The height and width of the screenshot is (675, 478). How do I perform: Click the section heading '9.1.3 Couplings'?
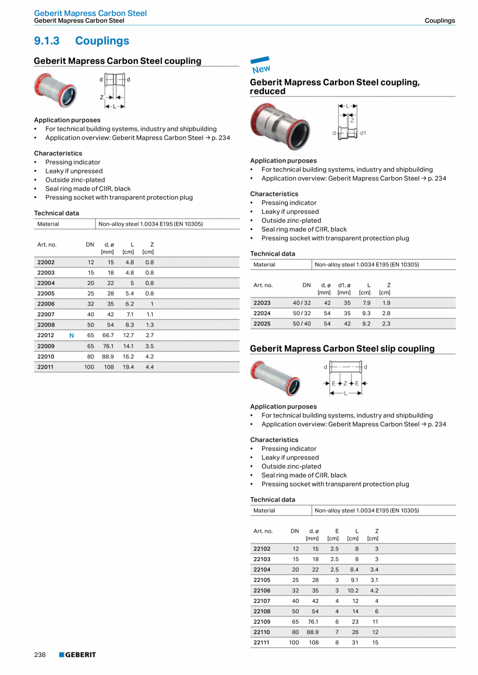(82, 40)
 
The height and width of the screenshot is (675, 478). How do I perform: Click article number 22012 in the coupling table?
(46, 335)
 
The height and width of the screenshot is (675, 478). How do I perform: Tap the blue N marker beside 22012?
(71, 335)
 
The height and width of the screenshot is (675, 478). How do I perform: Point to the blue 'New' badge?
(261, 66)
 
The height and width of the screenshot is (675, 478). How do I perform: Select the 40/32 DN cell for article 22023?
(302, 303)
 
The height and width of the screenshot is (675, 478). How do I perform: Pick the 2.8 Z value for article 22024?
(386, 313)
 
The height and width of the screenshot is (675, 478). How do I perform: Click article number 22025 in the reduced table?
(262, 323)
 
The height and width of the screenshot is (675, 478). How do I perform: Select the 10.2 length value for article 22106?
(353, 590)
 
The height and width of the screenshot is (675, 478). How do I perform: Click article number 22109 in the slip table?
(262, 622)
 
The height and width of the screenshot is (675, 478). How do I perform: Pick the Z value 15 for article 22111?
(375, 642)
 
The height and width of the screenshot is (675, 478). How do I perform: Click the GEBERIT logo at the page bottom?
(77, 655)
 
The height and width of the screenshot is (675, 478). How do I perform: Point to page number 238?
(40, 655)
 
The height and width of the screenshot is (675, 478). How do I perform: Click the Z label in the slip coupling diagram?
(344, 383)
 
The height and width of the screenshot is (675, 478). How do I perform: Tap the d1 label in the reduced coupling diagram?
(363, 133)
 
